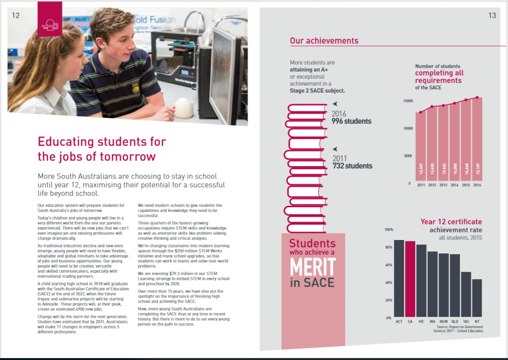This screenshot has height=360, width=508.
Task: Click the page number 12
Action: (x=16, y=15)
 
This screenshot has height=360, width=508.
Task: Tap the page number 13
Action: (x=492, y=15)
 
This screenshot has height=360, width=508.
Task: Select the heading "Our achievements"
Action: (x=324, y=41)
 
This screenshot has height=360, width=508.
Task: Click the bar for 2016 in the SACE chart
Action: (x=477, y=141)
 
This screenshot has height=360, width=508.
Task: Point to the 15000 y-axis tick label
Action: (x=407, y=101)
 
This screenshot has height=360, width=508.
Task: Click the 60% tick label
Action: (x=389, y=265)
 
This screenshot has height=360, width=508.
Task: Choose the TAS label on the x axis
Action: (x=466, y=321)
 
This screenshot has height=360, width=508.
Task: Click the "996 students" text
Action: (x=351, y=121)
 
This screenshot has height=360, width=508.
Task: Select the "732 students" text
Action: (x=352, y=166)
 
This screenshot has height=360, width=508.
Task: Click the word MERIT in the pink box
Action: (x=313, y=268)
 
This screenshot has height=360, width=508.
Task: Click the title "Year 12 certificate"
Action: (x=451, y=222)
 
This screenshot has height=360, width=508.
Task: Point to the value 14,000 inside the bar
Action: (x=454, y=172)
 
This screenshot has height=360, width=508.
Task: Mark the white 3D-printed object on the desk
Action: (x=185, y=106)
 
